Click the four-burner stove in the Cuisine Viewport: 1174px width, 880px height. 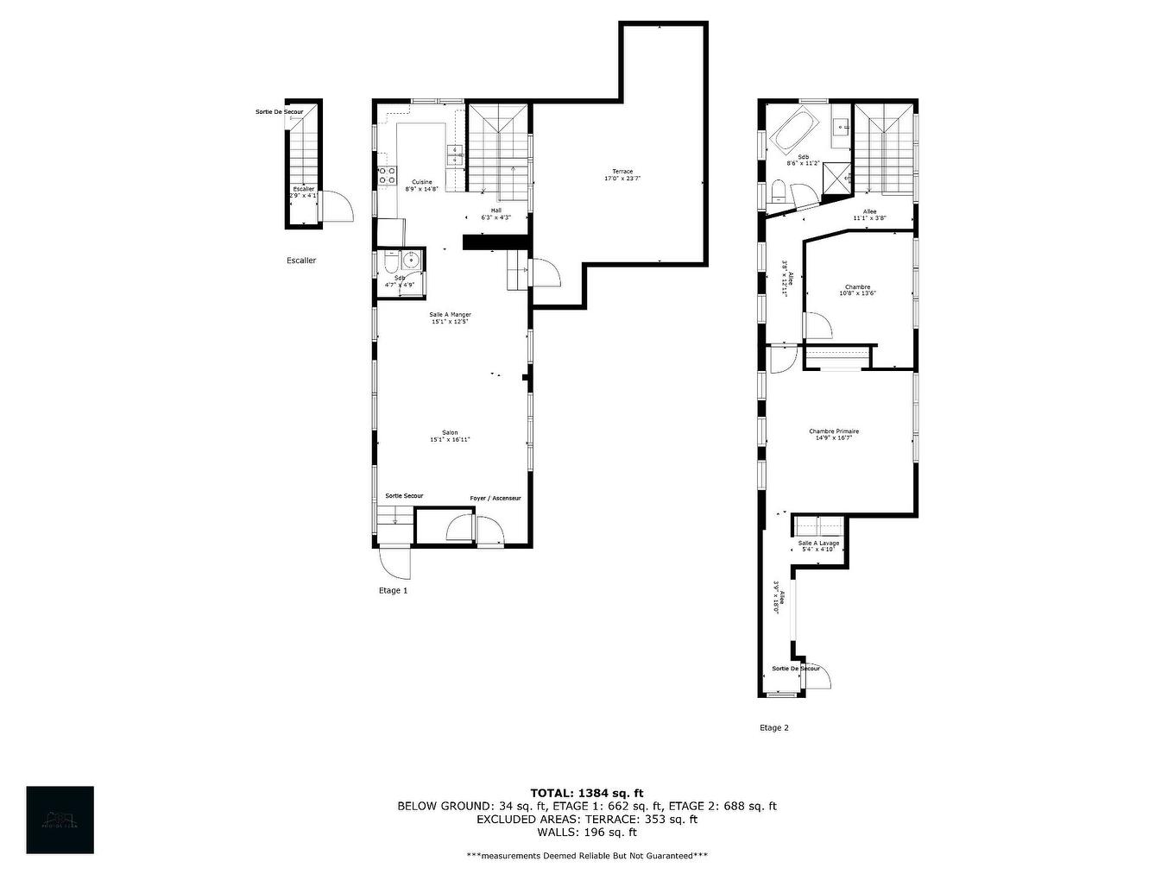pos(386,176)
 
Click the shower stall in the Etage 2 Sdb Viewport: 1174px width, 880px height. pos(836,177)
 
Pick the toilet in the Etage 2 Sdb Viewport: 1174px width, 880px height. pos(778,190)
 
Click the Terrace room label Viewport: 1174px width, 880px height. pos(622,175)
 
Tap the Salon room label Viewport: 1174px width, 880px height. pos(450,436)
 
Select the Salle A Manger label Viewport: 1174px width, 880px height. pos(450,317)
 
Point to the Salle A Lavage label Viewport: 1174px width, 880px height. pos(817,545)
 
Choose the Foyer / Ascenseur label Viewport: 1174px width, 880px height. pos(495,499)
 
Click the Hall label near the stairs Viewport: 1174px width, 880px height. pos(496,213)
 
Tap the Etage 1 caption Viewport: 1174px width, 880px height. pos(393,591)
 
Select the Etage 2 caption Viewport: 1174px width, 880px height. pos(773,728)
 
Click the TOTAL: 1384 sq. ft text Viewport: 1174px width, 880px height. pos(586,793)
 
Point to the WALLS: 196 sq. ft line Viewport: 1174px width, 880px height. pos(586,833)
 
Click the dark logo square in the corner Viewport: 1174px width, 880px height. pos(60,820)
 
